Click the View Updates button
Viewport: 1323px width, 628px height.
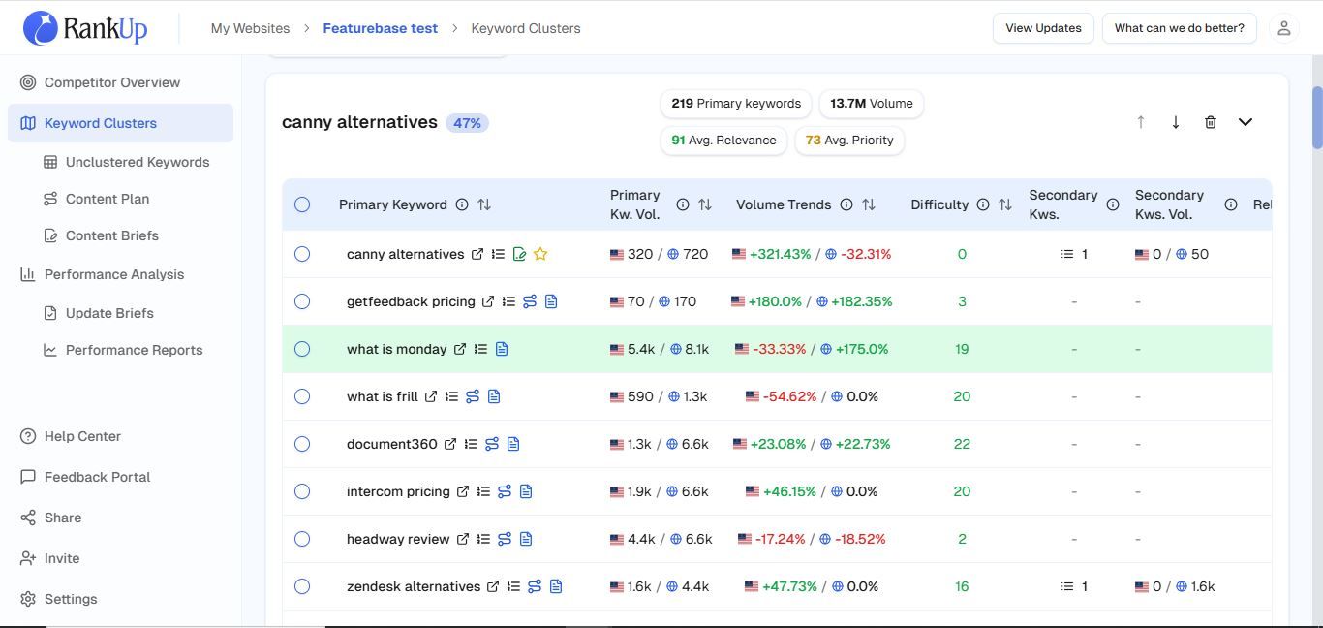click(1043, 28)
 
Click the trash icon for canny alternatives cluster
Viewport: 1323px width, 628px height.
click(1211, 122)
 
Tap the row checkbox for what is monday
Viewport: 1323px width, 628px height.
click(302, 349)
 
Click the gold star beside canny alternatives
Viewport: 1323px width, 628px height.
click(539, 254)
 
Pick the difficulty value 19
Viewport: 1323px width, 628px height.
click(962, 349)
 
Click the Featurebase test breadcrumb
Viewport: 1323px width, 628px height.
click(380, 28)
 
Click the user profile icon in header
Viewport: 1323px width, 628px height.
click(1283, 28)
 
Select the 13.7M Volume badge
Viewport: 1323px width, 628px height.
click(871, 104)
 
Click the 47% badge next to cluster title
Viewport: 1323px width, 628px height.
click(467, 123)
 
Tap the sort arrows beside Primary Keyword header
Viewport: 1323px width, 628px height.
click(484, 204)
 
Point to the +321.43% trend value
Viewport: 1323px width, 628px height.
click(780, 254)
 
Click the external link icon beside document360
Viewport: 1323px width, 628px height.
click(450, 444)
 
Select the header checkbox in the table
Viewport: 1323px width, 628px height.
click(302, 204)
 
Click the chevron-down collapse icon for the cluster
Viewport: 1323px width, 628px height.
click(1246, 122)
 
